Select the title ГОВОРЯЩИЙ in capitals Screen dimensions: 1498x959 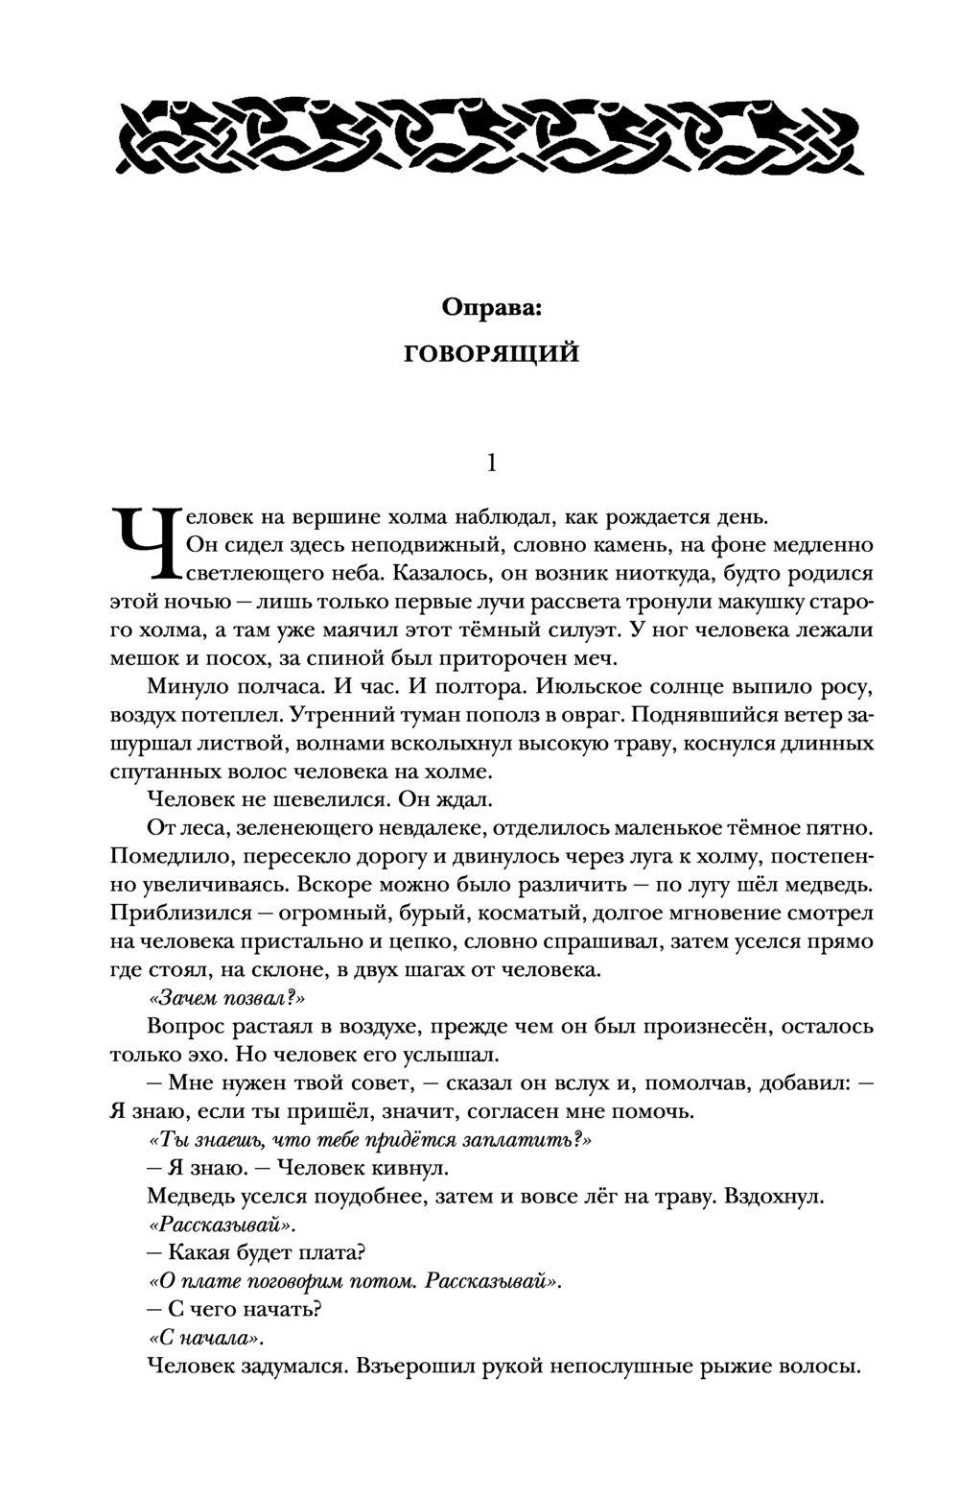(491, 354)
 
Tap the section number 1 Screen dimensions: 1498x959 (491, 463)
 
